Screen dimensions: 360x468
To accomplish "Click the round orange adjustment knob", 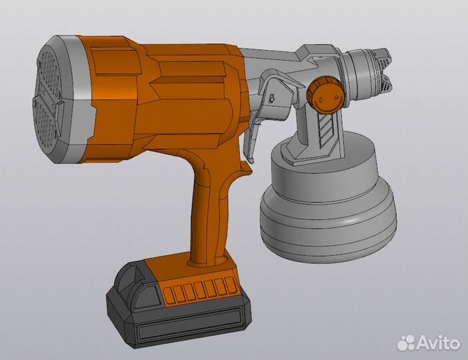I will pyautogui.click(x=325, y=94).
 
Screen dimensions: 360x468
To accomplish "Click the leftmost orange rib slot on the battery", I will pyautogui.click(x=170, y=294).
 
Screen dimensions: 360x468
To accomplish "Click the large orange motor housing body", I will pyautogui.click(x=167, y=93).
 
